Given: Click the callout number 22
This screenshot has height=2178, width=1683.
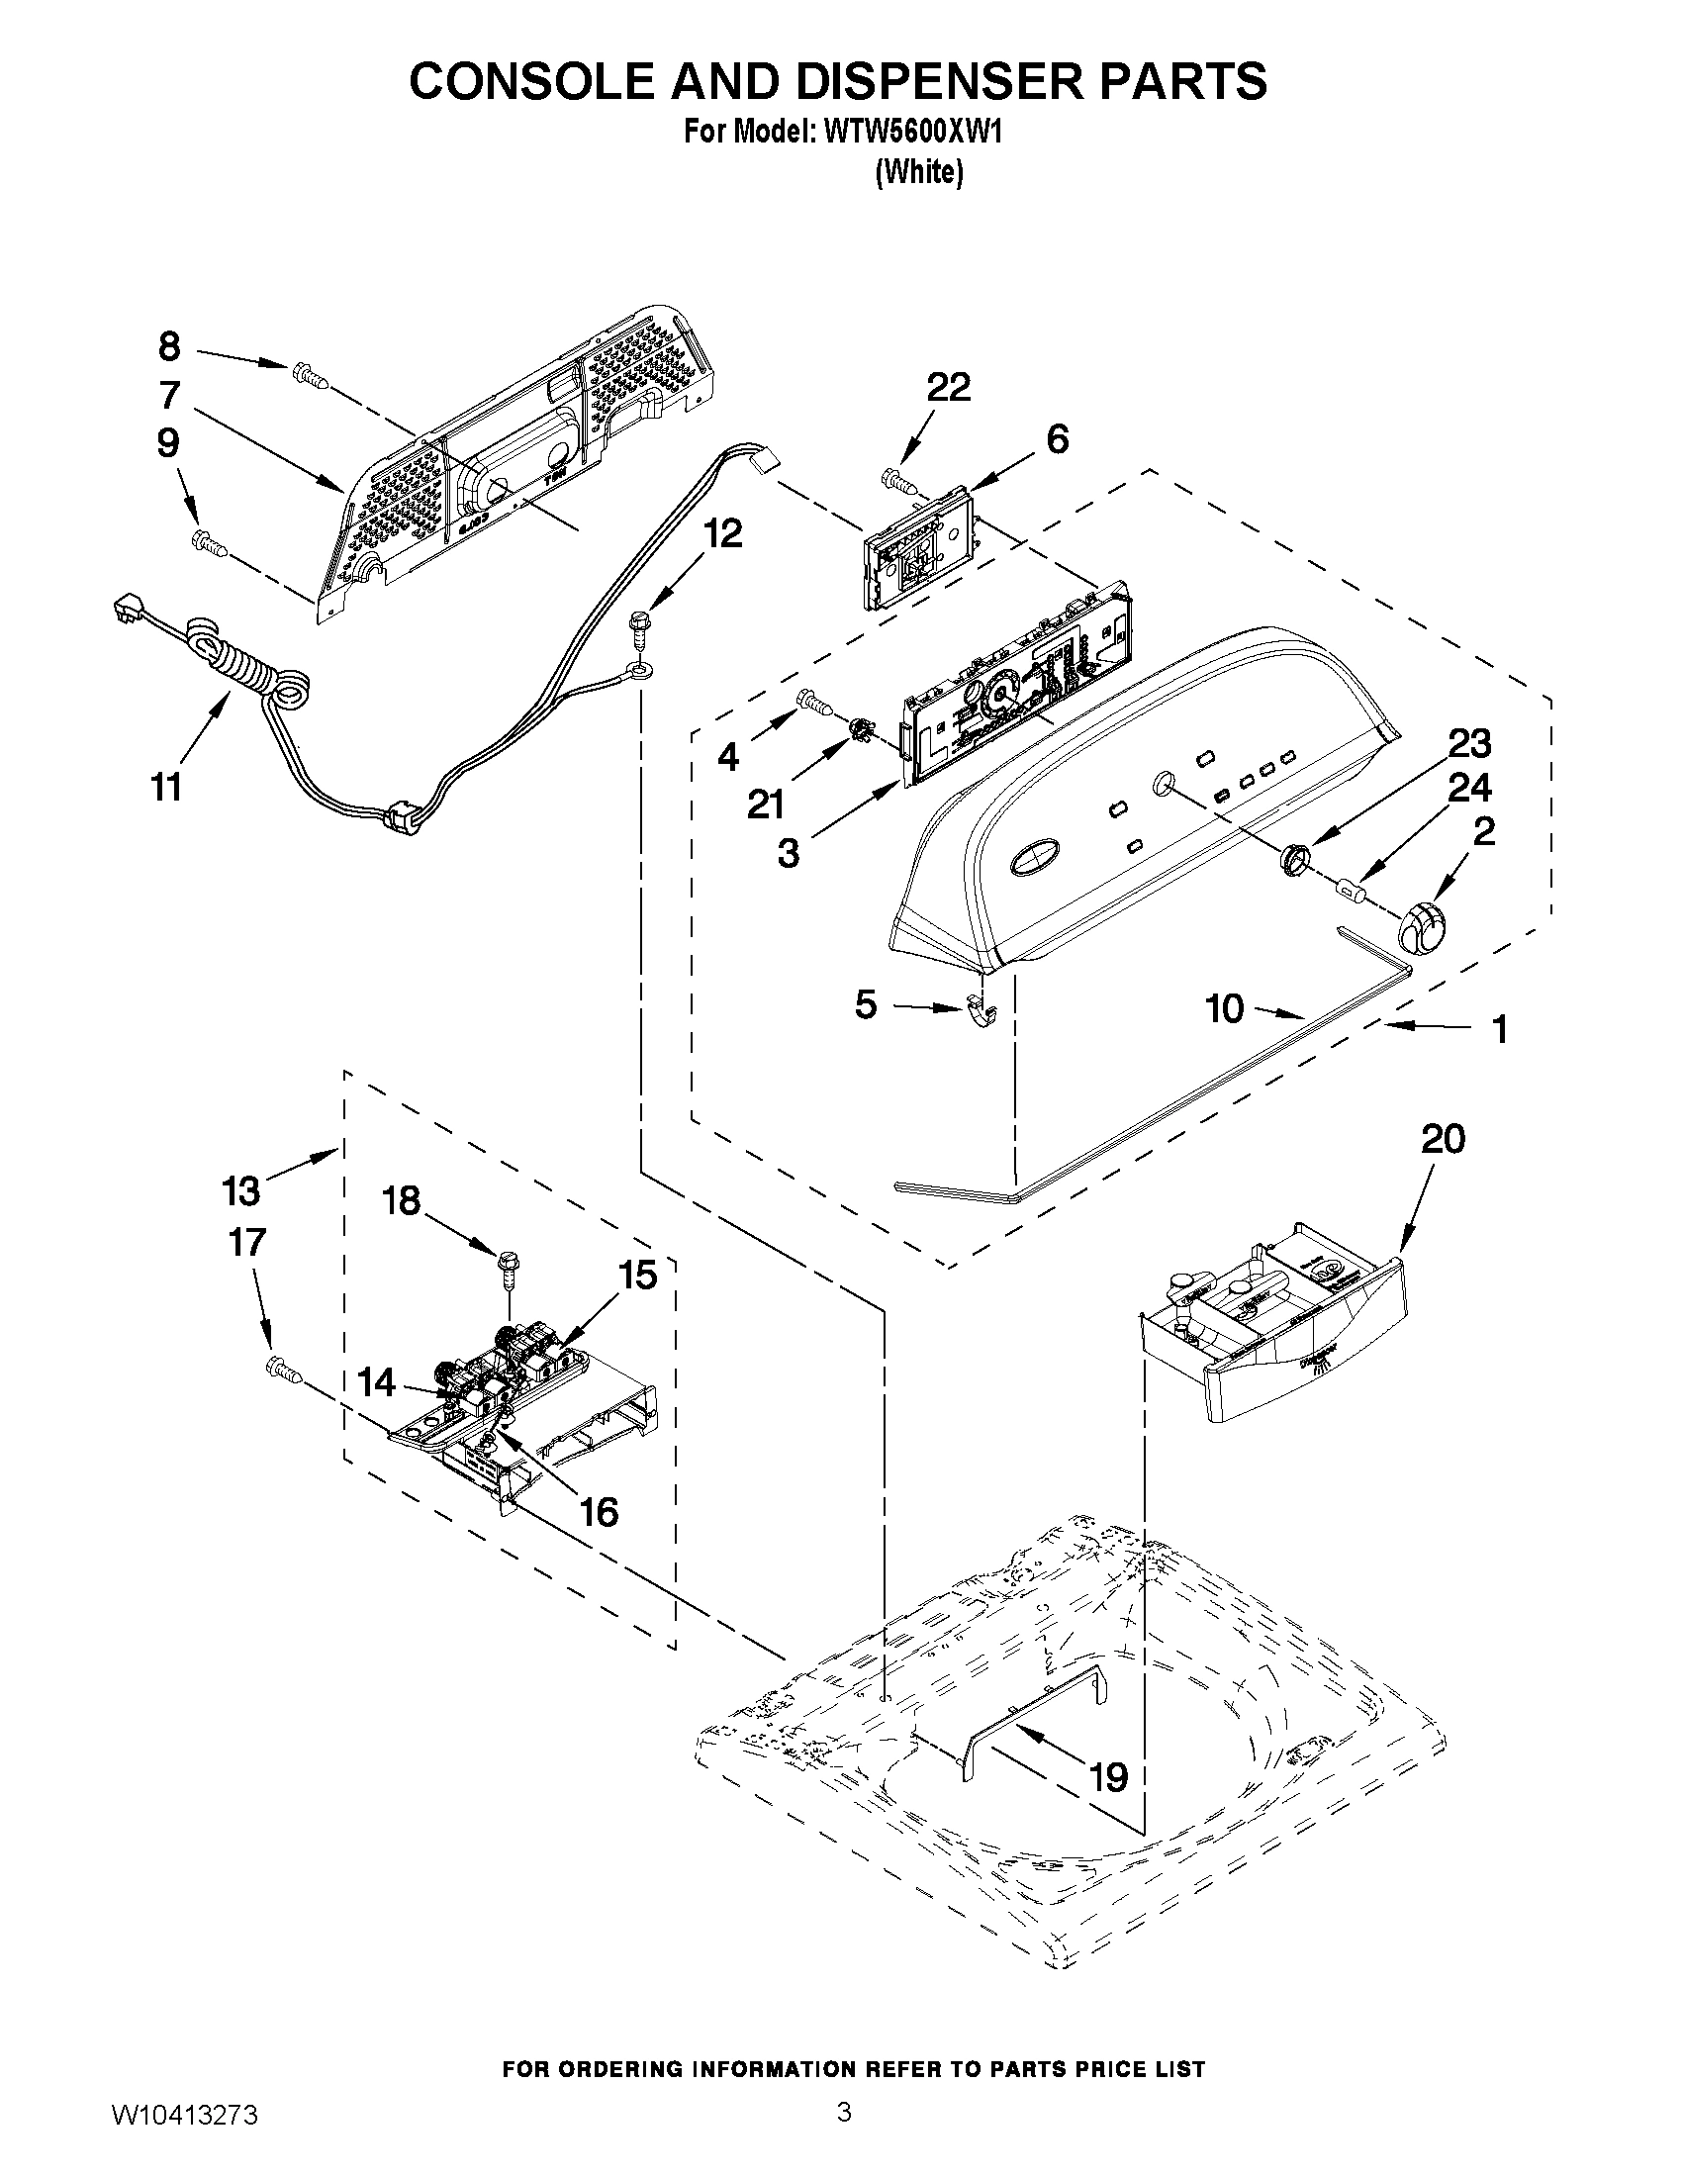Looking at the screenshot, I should coord(948,387).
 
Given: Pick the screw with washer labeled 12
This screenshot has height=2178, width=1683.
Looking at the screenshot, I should coord(638,633).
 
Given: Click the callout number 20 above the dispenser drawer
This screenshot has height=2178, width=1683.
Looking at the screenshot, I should coord(1442,1138).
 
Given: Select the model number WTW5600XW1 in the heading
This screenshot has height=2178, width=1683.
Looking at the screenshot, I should coord(911,133).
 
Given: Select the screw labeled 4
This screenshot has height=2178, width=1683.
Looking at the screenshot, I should coord(815,703).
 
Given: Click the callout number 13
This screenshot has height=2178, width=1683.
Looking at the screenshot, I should coord(240,1189).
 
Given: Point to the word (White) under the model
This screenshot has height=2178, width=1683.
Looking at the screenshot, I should coord(919,172).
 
